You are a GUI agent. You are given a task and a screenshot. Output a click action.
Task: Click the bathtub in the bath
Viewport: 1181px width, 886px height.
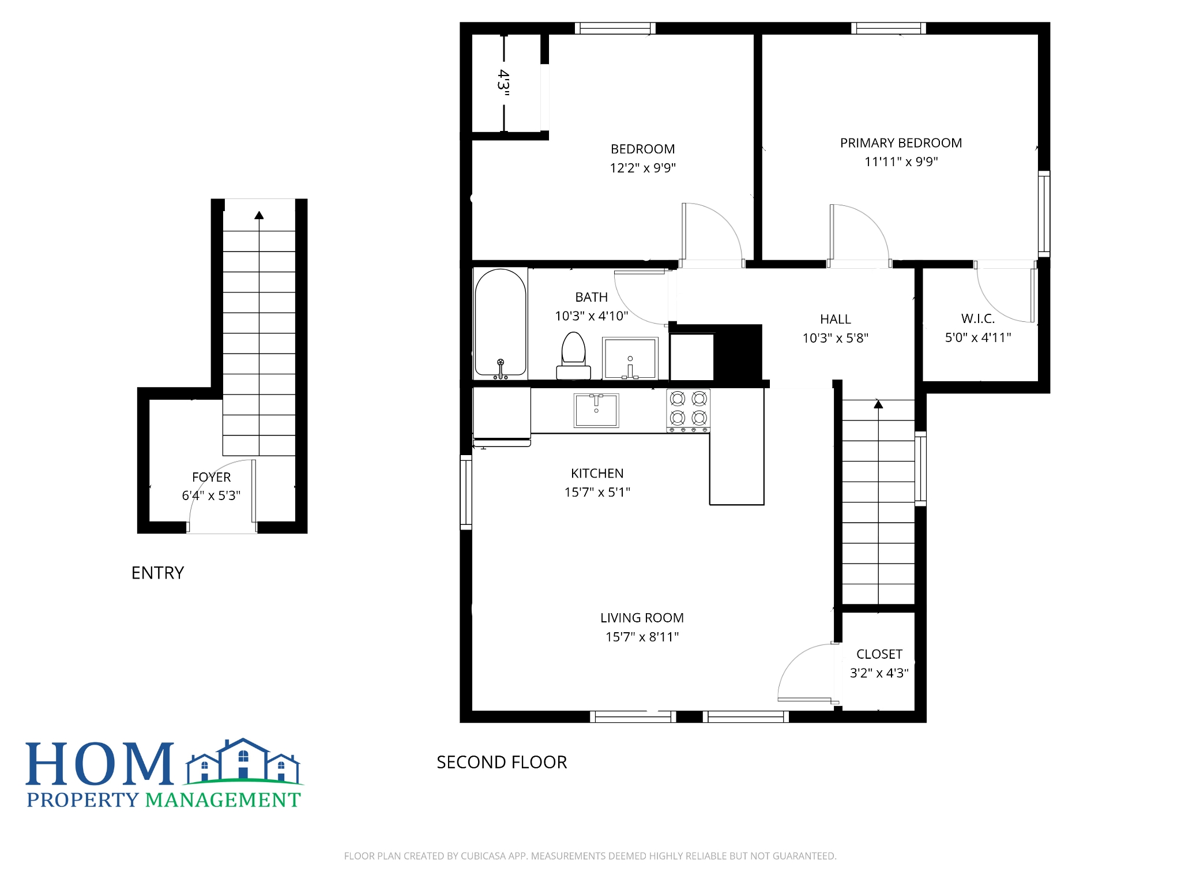(x=501, y=322)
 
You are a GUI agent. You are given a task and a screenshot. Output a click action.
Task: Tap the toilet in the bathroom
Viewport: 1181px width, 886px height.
(x=573, y=355)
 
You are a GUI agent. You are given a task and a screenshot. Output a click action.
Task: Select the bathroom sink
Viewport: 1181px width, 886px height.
(x=630, y=358)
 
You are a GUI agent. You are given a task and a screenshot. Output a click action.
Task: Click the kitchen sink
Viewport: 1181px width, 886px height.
(x=596, y=410)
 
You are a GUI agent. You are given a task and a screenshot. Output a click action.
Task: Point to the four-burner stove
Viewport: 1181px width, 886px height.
(x=689, y=410)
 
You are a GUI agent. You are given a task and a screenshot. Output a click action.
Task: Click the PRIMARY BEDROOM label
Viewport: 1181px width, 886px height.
(x=901, y=143)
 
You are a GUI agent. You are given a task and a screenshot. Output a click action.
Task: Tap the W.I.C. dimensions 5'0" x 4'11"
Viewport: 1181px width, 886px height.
(x=978, y=337)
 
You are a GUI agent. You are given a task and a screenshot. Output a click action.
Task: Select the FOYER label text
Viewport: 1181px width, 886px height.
(x=211, y=477)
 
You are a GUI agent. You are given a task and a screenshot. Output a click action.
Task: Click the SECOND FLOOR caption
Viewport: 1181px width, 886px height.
(x=502, y=762)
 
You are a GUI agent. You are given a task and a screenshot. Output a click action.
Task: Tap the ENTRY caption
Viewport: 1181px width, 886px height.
(x=157, y=573)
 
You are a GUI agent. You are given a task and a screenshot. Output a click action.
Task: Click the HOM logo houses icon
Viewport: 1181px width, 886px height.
(x=243, y=761)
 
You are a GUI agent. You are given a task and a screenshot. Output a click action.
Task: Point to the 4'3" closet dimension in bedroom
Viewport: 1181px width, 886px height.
(x=503, y=83)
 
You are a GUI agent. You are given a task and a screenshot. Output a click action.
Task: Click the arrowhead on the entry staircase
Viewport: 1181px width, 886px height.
(x=259, y=215)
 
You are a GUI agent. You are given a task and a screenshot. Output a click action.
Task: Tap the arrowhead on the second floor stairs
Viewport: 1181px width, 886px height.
(x=878, y=404)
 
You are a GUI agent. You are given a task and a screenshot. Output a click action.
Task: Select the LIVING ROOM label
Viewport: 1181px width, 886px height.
(x=642, y=618)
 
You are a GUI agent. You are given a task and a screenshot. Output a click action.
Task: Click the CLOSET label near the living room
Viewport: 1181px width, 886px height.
(x=879, y=654)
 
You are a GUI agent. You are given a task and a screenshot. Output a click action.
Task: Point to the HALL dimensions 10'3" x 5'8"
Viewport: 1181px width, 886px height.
(x=835, y=338)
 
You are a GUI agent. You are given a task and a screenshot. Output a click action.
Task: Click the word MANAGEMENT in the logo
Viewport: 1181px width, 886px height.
(x=223, y=800)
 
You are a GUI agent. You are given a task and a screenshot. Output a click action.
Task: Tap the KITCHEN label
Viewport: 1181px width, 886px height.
(x=597, y=474)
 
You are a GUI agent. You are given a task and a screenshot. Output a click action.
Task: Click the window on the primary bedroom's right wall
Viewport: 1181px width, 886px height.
(x=1044, y=213)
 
